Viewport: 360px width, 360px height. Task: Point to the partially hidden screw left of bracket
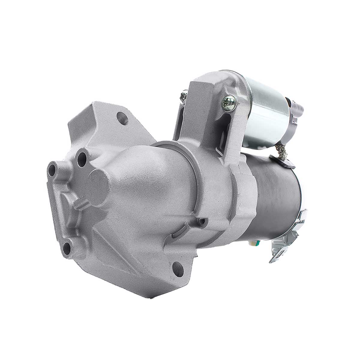click(x=183, y=96)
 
